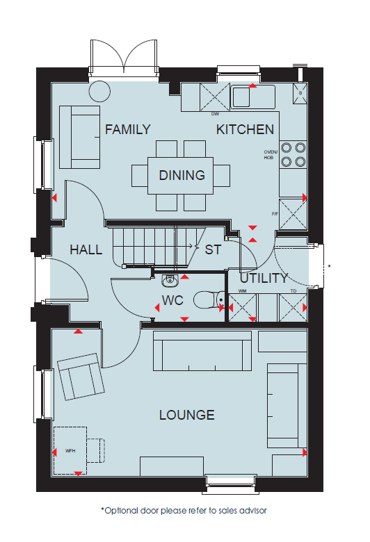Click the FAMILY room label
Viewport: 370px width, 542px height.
coord(128,130)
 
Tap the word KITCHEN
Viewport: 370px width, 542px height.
coord(245,130)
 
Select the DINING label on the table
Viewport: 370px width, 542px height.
coord(182,175)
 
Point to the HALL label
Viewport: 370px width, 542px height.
coord(86,249)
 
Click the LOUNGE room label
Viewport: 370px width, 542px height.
coord(187,415)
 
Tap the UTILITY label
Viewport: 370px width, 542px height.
coord(264,278)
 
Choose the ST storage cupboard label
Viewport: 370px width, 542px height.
coord(213,249)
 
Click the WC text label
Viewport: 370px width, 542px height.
coord(172,300)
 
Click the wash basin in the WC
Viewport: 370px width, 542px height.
coord(170,280)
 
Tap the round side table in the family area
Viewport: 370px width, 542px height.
coord(99,92)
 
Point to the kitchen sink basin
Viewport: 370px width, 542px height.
coord(241,97)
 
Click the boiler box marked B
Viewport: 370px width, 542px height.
coord(300,93)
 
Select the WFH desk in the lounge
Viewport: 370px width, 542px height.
coord(70,450)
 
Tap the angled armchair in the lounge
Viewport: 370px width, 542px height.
coord(81,377)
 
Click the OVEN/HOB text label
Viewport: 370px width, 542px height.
coord(271,154)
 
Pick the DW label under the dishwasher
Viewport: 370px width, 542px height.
coord(215,114)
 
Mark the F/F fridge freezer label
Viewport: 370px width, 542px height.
coord(275,214)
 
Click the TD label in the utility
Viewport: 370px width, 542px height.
coord(293,291)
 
